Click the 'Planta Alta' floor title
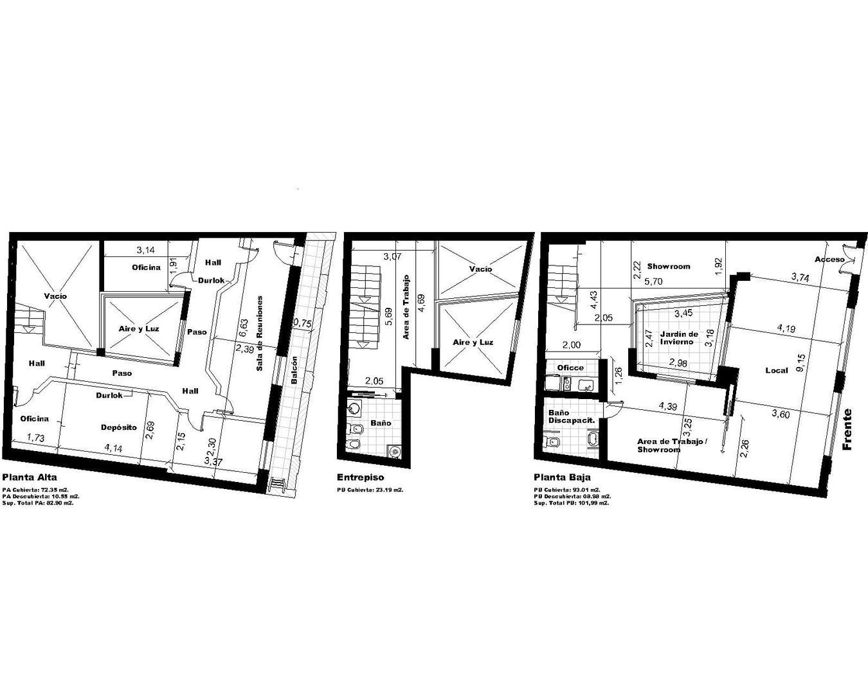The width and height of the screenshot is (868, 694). point(30,477)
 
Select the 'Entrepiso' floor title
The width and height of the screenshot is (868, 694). point(360,477)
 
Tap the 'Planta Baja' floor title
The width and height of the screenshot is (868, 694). point(562,477)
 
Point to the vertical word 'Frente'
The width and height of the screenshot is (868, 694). point(847,429)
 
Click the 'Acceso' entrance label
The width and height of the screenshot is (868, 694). point(829,260)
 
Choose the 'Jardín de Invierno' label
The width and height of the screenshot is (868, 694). point(679,338)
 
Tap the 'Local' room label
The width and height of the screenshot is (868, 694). point(777,371)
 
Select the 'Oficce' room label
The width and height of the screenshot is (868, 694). point(570,368)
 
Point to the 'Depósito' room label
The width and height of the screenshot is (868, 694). point(119,427)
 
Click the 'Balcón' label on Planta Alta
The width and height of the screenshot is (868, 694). point(294,371)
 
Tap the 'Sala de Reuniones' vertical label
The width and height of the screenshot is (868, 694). point(260,333)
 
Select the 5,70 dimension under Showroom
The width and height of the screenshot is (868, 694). point(655,281)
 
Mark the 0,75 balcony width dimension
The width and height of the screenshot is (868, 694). point(302,324)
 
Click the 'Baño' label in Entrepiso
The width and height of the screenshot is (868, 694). point(381,423)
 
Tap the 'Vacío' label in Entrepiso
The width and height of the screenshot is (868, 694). point(480,269)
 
